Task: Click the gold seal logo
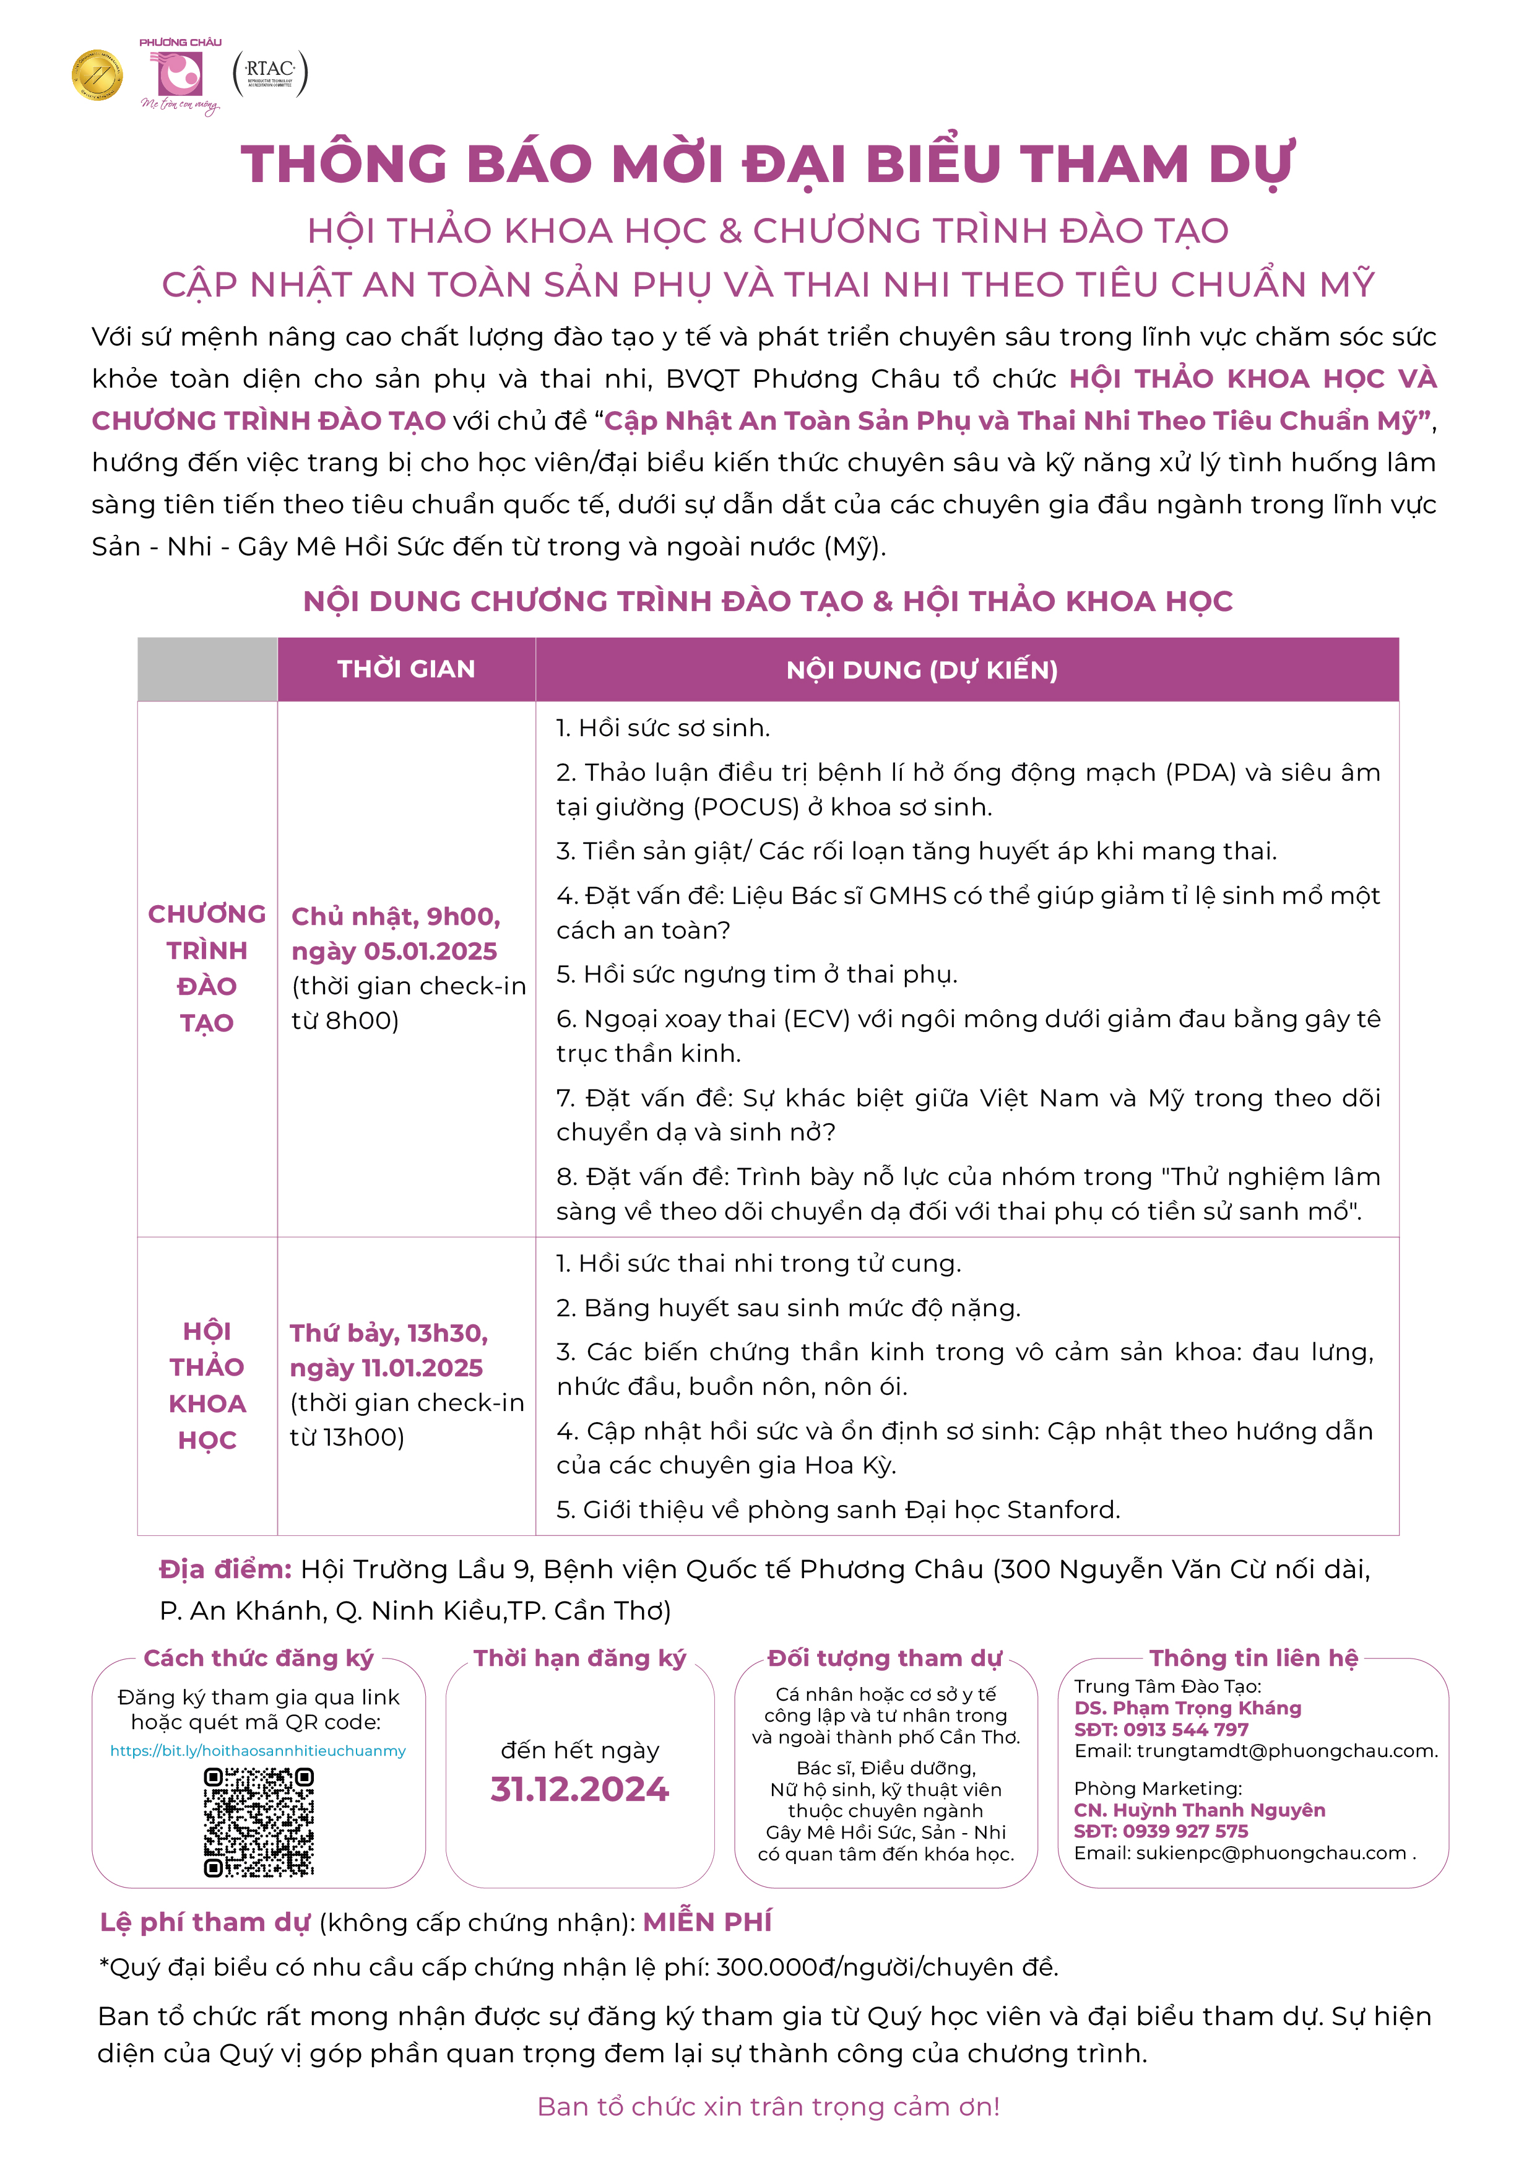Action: pyautogui.click(x=97, y=75)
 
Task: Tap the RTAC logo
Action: pyautogui.click(x=270, y=73)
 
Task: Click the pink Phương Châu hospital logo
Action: pyautogui.click(x=180, y=76)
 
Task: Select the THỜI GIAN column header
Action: pyautogui.click(x=406, y=669)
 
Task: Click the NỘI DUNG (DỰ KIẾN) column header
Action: pyautogui.click(x=921, y=670)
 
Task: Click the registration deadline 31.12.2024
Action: pyautogui.click(x=579, y=1790)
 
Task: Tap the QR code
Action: pyautogui.click(x=258, y=1823)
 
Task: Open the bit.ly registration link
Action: pyautogui.click(x=258, y=1751)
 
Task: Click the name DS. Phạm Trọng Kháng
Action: pyautogui.click(x=1188, y=1708)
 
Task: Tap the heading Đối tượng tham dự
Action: pyautogui.click(x=884, y=1658)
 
